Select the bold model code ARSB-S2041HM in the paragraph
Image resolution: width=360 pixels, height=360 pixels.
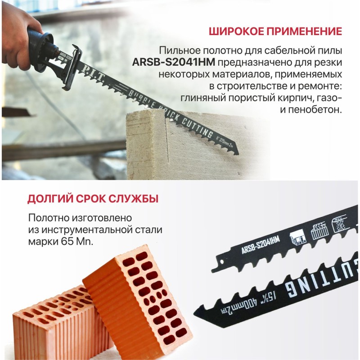(174, 62)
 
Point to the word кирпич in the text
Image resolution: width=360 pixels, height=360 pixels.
(296, 98)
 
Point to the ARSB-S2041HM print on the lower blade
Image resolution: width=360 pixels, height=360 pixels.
(261, 245)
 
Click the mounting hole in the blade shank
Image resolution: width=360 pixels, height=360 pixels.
(221, 262)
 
